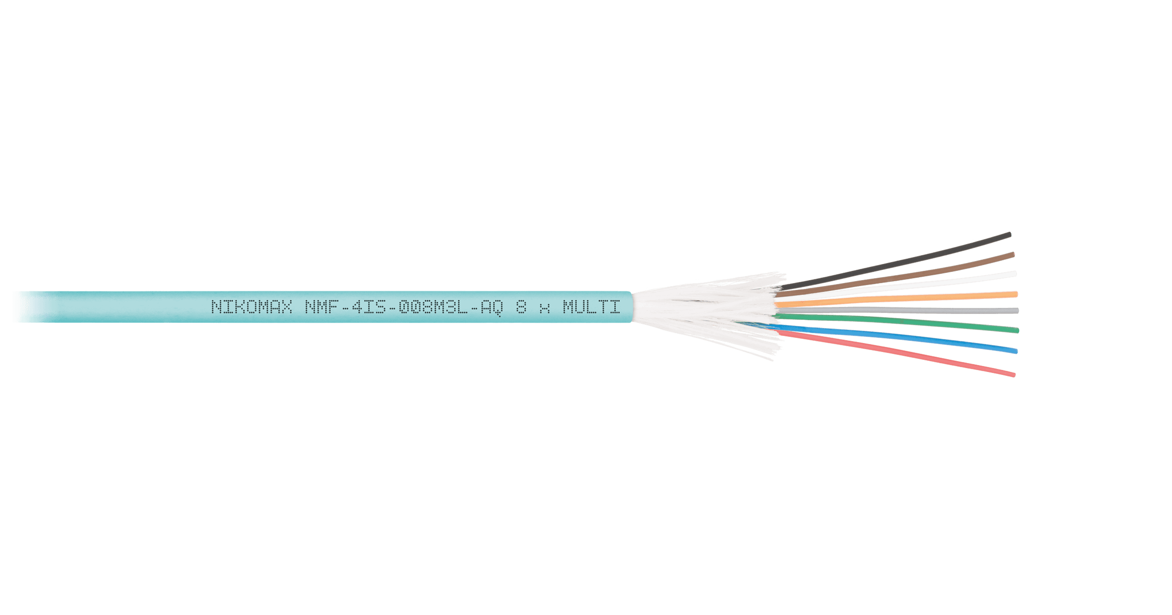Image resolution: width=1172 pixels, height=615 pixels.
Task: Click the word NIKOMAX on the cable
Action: click(x=252, y=307)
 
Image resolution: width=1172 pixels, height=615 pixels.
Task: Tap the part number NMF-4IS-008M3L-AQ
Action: click(x=404, y=307)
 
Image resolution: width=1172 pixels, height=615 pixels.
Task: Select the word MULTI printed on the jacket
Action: click(x=591, y=307)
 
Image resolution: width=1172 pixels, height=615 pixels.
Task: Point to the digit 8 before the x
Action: click(x=522, y=307)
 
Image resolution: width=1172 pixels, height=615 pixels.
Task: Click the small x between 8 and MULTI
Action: click(x=545, y=309)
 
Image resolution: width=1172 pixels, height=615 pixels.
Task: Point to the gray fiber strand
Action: click(x=898, y=310)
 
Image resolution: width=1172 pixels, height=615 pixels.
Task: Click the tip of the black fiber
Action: click(x=1010, y=235)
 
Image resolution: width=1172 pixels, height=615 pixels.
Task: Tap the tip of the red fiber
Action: click(x=1014, y=375)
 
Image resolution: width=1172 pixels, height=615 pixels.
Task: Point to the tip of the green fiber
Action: click(x=1018, y=330)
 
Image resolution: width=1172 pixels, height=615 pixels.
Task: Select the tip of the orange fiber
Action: click(x=1016, y=294)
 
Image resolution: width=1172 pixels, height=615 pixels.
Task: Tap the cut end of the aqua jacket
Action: click(x=632, y=307)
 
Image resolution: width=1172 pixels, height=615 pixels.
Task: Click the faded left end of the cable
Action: click(x=29, y=307)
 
